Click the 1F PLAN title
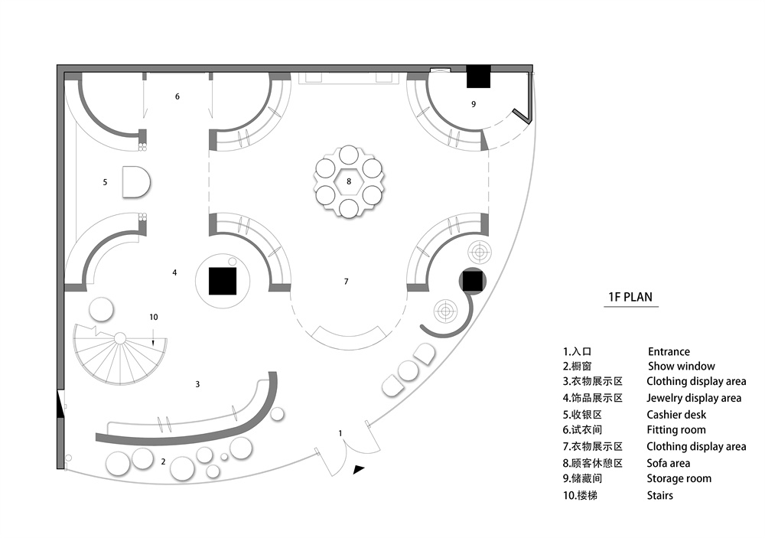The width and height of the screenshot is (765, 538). (x=630, y=298)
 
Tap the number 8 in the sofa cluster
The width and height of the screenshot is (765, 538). (x=349, y=181)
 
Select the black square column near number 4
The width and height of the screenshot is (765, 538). (x=223, y=280)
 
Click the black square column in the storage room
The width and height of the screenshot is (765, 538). (x=479, y=76)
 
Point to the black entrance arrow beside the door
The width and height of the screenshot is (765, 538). (x=359, y=471)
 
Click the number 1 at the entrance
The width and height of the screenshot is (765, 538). (x=340, y=433)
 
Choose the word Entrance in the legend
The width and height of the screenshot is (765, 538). (x=669, y=351)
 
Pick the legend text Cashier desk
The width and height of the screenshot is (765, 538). (x=676, y=415)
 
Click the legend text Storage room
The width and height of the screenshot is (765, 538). (x=679, y=478)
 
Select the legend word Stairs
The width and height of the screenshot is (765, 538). (x=659, y=495)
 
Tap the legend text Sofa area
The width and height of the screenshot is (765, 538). (x=668, y=463)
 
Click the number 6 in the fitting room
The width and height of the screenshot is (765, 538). (x=177, y=96)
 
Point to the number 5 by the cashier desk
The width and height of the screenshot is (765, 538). (x=105, y=182)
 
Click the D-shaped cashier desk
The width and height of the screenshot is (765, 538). (x=135, y=182)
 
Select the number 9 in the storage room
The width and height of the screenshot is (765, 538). (x=474, y=104)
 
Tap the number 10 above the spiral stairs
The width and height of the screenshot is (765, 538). (x=154, y=316)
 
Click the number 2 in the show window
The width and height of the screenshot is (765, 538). (x=163, y=461)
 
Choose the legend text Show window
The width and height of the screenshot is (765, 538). (x=682, y=367)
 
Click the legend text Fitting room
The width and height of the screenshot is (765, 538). (x=676, y=430)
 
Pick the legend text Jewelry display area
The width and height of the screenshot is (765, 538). (x=694, y=398)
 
